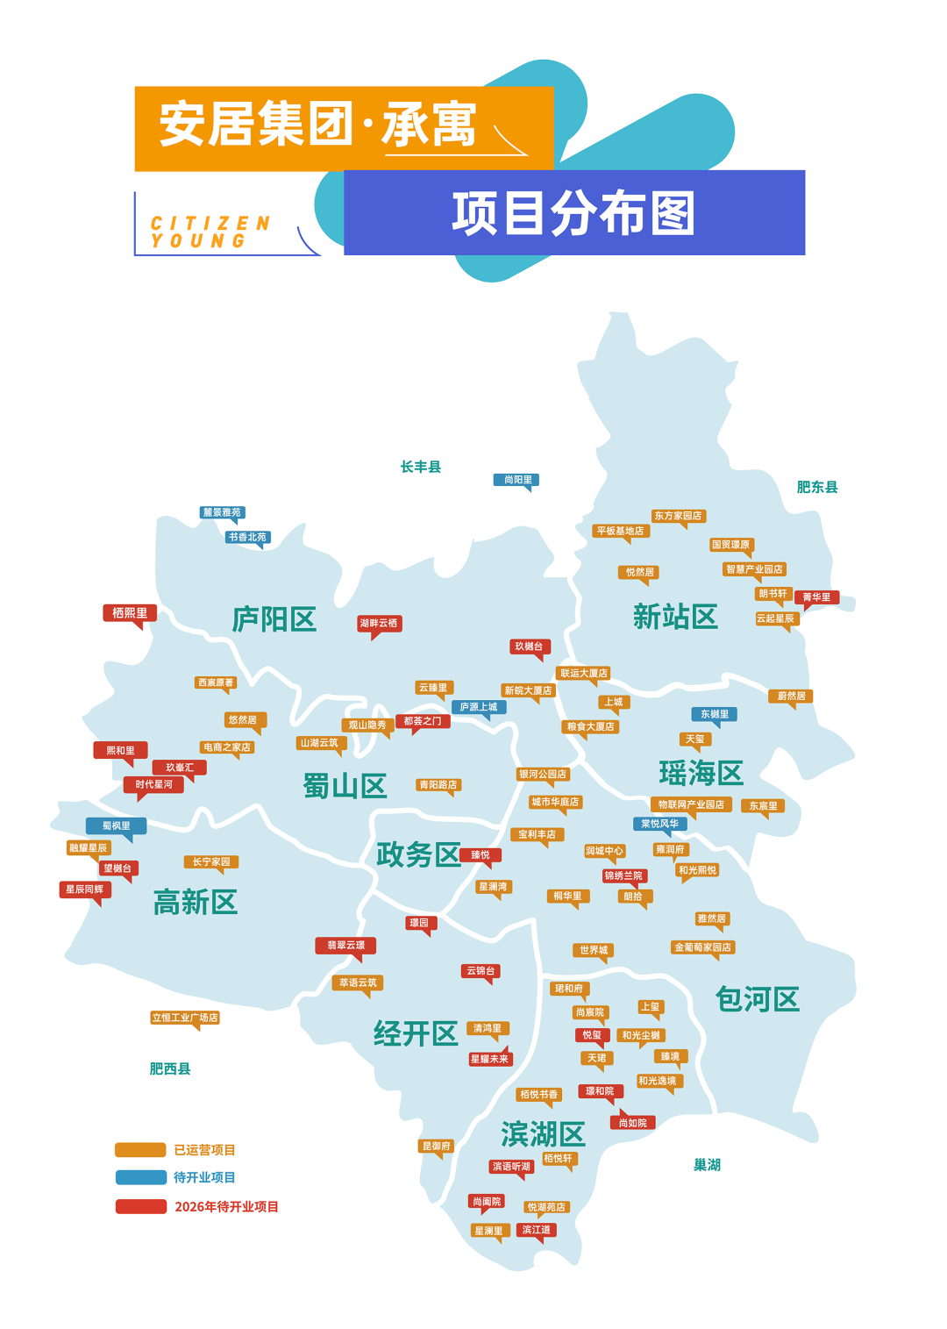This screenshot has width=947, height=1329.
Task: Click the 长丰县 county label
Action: pos(421,467)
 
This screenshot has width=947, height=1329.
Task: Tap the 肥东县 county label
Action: pos(817,487)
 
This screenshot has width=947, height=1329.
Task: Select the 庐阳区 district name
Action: pos(274,619)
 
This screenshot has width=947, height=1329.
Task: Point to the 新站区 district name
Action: pos(675,617)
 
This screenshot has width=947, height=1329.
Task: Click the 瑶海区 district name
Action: pos(701,773)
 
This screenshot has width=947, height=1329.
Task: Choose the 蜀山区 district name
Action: pos(345,786)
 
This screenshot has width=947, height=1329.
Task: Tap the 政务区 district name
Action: pos(418,854)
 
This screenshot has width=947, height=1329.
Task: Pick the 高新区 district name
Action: pos(196,902)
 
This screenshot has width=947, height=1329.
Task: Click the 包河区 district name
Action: pos(758,999)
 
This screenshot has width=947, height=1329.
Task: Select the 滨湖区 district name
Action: pos(543,1134)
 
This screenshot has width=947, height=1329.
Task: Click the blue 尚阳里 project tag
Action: pos(516,480)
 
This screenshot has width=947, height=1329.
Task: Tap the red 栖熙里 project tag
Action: pos(130,613)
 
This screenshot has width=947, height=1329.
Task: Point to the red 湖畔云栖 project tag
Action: pos(379,624)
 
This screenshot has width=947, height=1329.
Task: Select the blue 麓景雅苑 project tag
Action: pos(222,512)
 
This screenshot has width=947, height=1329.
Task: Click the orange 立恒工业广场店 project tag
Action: pos(185,1018)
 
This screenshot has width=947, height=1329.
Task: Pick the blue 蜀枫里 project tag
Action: pos(116,825)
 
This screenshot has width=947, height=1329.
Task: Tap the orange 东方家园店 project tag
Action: pos(678,516)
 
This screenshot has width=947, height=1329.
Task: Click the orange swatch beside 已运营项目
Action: pos(140,1150)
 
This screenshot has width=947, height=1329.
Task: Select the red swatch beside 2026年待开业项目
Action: pos(140,1207)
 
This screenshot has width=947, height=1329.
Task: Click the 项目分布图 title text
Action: pos(573,213)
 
